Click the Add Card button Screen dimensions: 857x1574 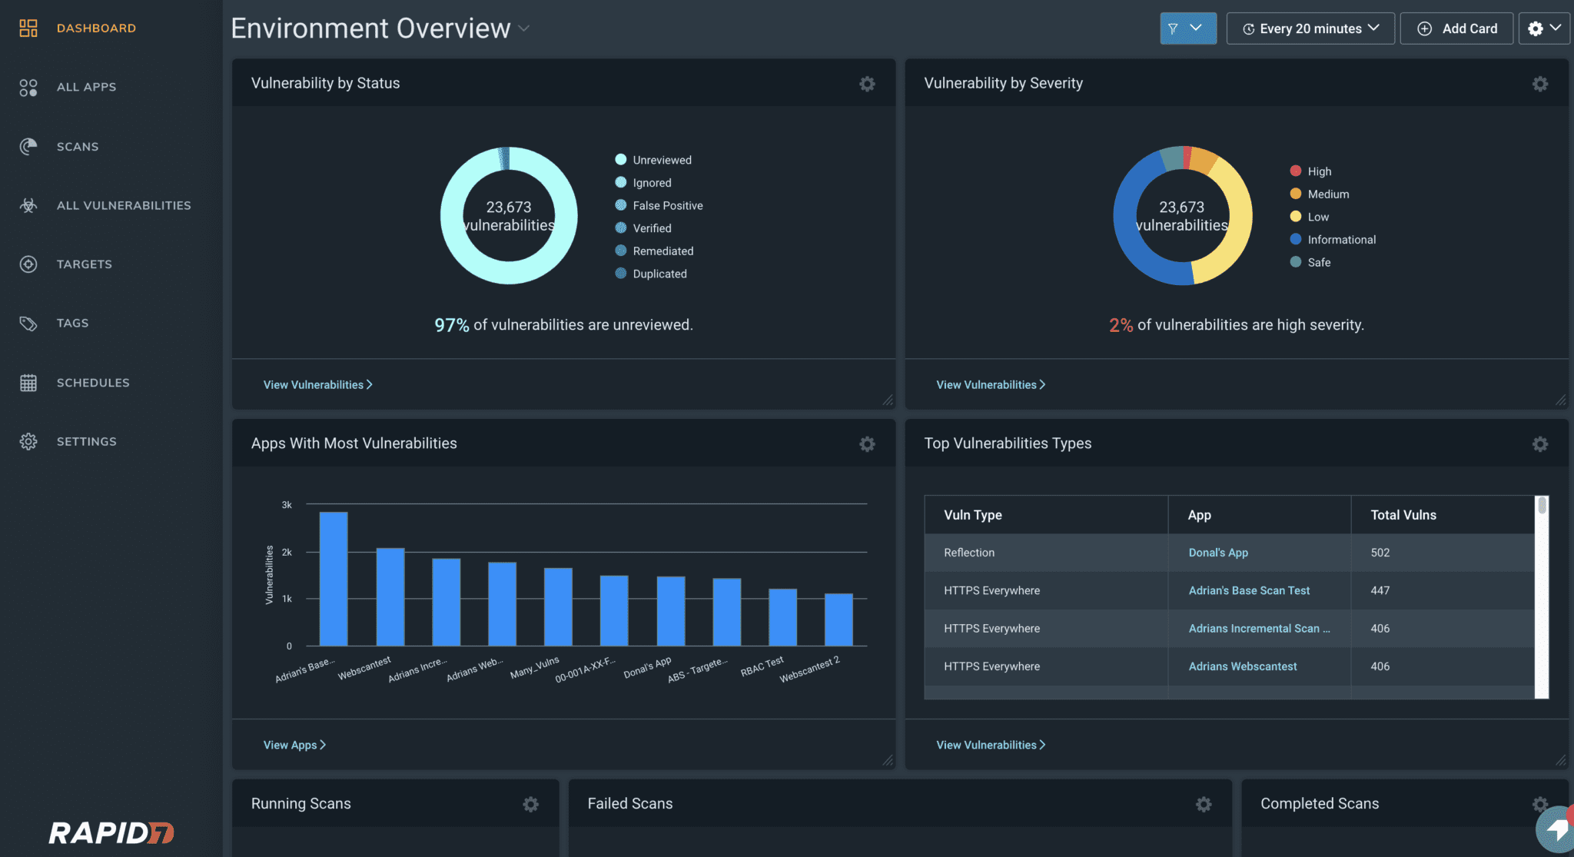1456,28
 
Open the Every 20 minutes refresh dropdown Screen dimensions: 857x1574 1310,28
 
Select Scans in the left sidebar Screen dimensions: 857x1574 77,147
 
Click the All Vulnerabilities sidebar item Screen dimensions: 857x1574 123,205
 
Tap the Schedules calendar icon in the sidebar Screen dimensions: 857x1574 28,383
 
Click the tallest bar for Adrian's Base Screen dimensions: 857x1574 334,578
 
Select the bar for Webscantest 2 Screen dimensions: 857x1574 838,619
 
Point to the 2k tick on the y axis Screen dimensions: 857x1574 287,552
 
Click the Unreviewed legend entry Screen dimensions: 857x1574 661,160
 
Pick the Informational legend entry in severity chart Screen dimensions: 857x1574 1341,240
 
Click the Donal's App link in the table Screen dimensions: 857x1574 1218,553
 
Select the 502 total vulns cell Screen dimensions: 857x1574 1380,553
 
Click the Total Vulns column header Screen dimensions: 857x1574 1403,515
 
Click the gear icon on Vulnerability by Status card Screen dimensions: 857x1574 867,84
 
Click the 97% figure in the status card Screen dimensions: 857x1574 451,325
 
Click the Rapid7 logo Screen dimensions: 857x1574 111,832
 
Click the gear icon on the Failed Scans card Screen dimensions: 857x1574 1204,804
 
